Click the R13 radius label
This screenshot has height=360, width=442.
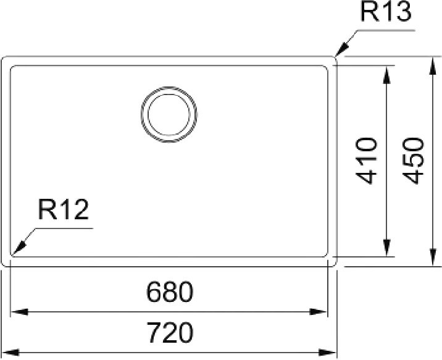tap(386, 12)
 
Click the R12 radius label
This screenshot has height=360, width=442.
tap(64, 209)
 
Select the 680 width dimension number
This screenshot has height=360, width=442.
tap(170, 291)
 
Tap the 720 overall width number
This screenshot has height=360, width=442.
tap(170, 333)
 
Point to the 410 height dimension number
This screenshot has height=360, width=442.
tap(366, 161)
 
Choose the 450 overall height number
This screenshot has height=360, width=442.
tap(413, 161)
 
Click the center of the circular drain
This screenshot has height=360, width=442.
tap(169, 114)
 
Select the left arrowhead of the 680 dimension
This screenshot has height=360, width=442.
tap(19, 312)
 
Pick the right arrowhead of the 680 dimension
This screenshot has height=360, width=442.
tap(319, 312)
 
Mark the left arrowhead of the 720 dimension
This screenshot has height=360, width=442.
tap(10, 353)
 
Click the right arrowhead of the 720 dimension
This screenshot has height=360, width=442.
tap(328, 353)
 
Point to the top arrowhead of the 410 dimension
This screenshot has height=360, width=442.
tap(386, 75)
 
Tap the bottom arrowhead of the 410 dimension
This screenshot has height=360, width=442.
tap(386, 248)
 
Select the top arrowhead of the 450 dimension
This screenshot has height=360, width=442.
tap(432, 65)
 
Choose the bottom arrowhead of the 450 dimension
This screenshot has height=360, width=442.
tap(432, 257)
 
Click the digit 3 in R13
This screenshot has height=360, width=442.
tap(403, 12)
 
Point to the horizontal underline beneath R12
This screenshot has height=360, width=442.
tap(64, 228)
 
